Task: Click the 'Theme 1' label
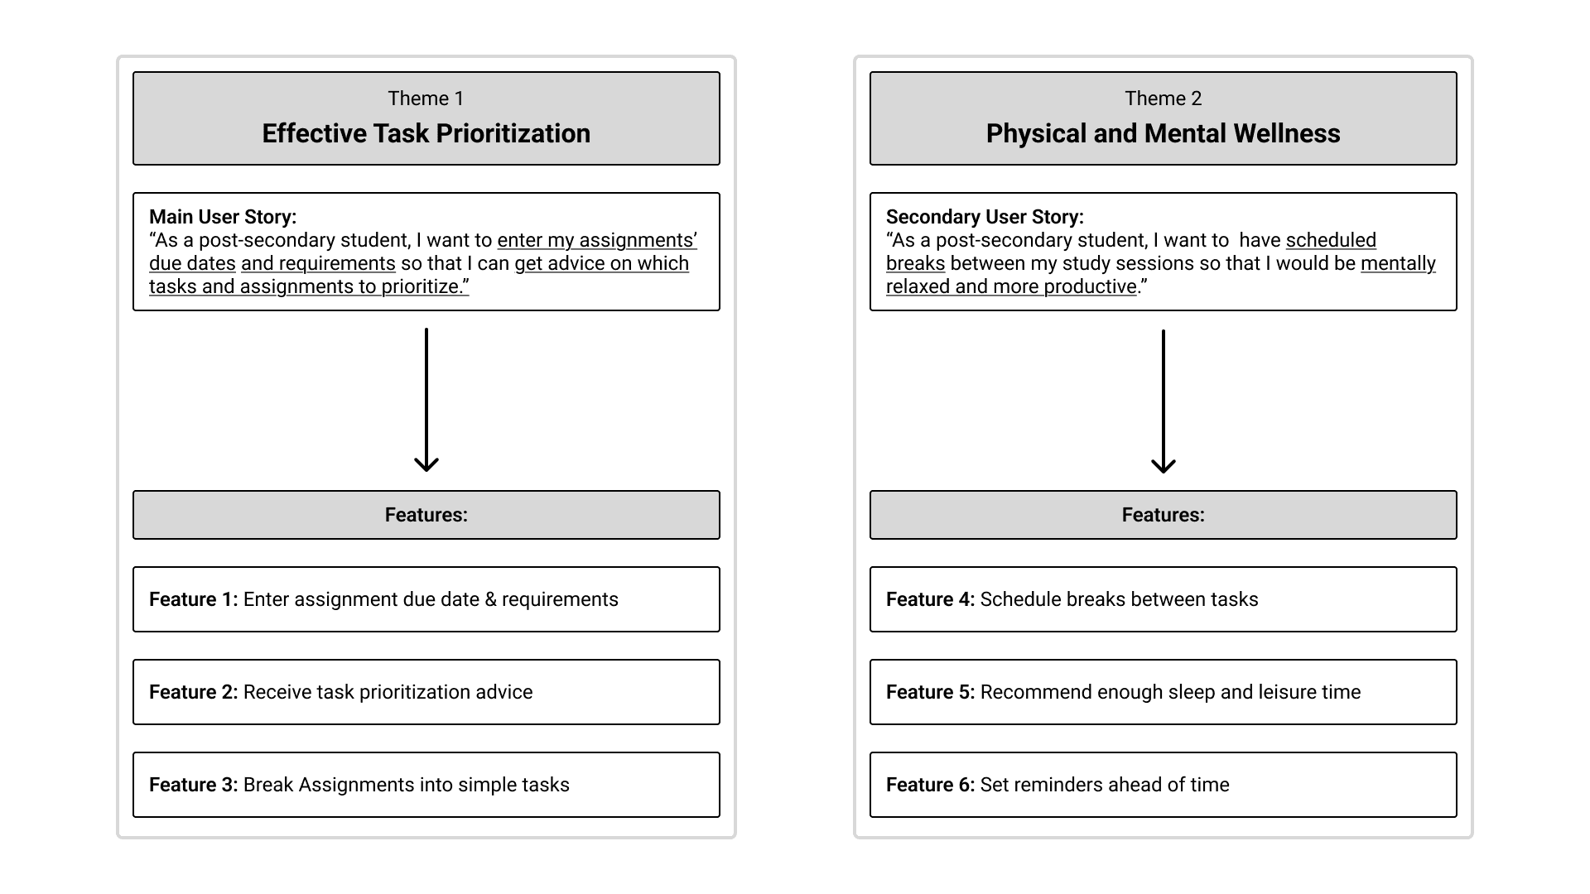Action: (x=426, y=99)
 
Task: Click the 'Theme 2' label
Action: (x=1163, y=99)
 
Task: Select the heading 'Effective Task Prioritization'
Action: (x=426, y=133)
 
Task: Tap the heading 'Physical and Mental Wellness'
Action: (x=1163, y=133)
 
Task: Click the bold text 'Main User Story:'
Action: (x=223, y=217)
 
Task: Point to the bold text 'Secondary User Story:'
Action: (x=985, y=217)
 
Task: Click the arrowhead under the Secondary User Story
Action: (x=1164, y=465)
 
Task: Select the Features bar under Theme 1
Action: (x=426, y=515)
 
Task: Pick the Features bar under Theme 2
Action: (x=1163, y=515)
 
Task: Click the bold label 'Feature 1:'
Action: (x=193, y=599)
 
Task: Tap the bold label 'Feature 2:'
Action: (x=193, y=692)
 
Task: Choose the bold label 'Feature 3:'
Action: (x=193, y=785)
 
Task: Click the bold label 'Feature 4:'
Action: (x=930, y=599)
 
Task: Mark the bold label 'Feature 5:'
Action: (x=930, y=692)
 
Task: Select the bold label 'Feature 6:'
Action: (x=930, y=785)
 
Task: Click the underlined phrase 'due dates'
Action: (x=192, y=263)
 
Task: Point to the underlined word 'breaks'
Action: (x=915, y=263)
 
